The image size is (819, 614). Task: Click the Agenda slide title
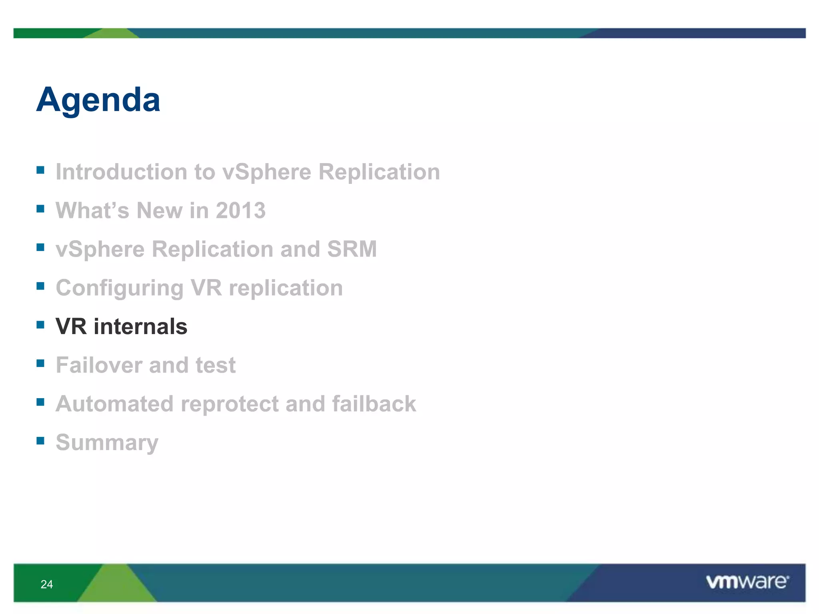(x=98, y=100)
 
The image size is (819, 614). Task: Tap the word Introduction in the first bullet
(x=122, y=172)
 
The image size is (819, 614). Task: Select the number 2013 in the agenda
(x=241, y=210)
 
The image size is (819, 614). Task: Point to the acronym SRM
(x=352, y=249)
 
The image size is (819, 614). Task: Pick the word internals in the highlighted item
(x=140, y=326)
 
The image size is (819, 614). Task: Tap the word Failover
(x=99, y=365)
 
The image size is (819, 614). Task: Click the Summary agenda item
(x=107, y=443)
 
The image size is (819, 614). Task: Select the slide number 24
(x=47, y=584)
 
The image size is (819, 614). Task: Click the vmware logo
(x=747, y=582)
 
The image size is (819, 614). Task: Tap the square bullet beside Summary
(x=40, y=441)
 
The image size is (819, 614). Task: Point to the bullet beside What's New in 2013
(x=40, y=208)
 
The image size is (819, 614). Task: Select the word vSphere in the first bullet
(x=266, y=173)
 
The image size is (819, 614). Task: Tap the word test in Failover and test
(x=216, y=365)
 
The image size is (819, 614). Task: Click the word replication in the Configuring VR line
(x=286, y=288)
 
